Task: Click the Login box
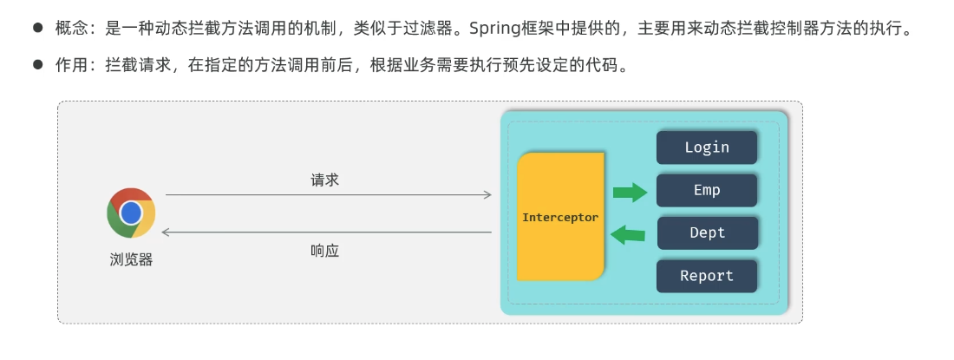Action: pos(707,147)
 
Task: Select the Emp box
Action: pos(707,190)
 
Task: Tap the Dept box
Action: pos(707,232)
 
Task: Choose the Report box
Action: pos(707,276)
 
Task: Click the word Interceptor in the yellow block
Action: pos(560,218)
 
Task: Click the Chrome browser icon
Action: pos(131,213)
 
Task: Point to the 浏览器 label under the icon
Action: pos(131,259)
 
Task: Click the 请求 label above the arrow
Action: pos(325,180)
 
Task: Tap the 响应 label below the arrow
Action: pos(325,251)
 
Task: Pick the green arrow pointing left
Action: pos(628,233)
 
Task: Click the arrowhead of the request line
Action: pos(488,195)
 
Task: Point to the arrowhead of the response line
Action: pos(167,232)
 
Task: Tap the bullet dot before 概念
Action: pos(37,29)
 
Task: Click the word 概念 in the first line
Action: pos(70,29)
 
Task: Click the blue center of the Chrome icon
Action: pos(131,213)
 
